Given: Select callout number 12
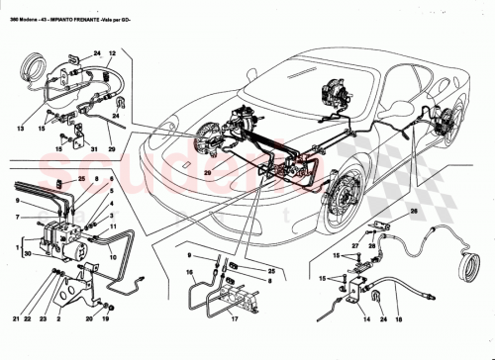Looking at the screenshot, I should [x=112, y=50].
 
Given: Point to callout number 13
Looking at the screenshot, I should [x=20, y=127].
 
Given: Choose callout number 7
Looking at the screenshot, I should [x=18, y=217].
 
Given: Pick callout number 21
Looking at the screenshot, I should [x=18, y=319].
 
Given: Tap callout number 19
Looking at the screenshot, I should [x=105, y=319].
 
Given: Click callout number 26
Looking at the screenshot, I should [x=414, y=210].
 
